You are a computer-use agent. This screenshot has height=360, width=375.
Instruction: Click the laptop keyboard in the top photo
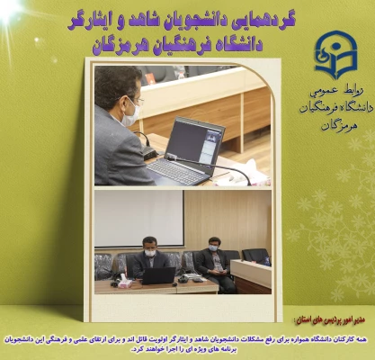pos(180,170)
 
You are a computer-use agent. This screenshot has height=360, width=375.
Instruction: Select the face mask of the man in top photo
pos(130,114)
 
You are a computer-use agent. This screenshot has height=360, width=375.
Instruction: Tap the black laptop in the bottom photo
pos(158,275)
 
